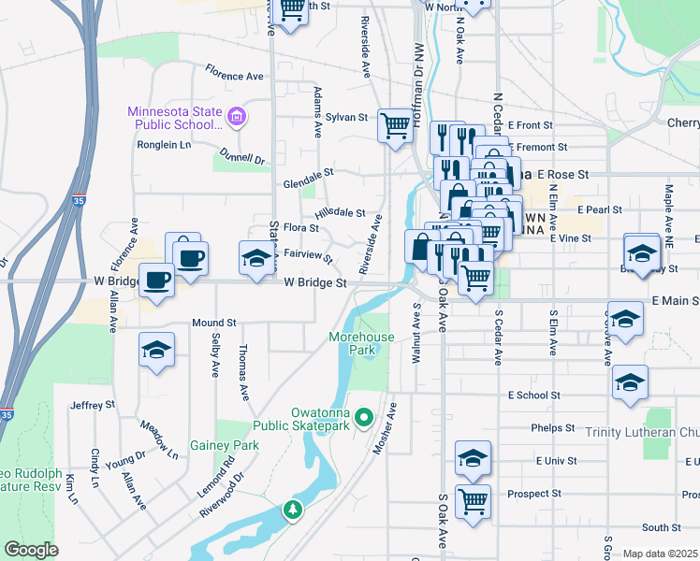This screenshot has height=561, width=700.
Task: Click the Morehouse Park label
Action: click(352, 342)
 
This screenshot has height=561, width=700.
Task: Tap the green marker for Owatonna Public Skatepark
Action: click(366, 417)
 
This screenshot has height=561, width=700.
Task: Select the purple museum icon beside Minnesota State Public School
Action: click(238, 117)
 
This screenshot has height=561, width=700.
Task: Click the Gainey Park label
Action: click(225, 446)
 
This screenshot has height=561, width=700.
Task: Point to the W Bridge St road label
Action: click(315, 281)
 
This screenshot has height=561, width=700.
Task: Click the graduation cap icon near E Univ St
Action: click(474, 457)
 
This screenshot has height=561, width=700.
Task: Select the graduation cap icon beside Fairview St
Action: click(255, 258)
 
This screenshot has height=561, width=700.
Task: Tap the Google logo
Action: click(30, 550)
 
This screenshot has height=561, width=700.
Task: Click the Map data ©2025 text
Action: click(660, 554)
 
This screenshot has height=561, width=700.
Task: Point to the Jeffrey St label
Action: click(92, 405)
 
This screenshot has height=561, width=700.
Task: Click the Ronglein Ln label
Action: click(164, 145)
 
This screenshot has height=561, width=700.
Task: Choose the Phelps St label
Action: click(551, 427)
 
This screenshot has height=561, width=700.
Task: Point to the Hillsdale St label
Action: click(340, 214)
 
